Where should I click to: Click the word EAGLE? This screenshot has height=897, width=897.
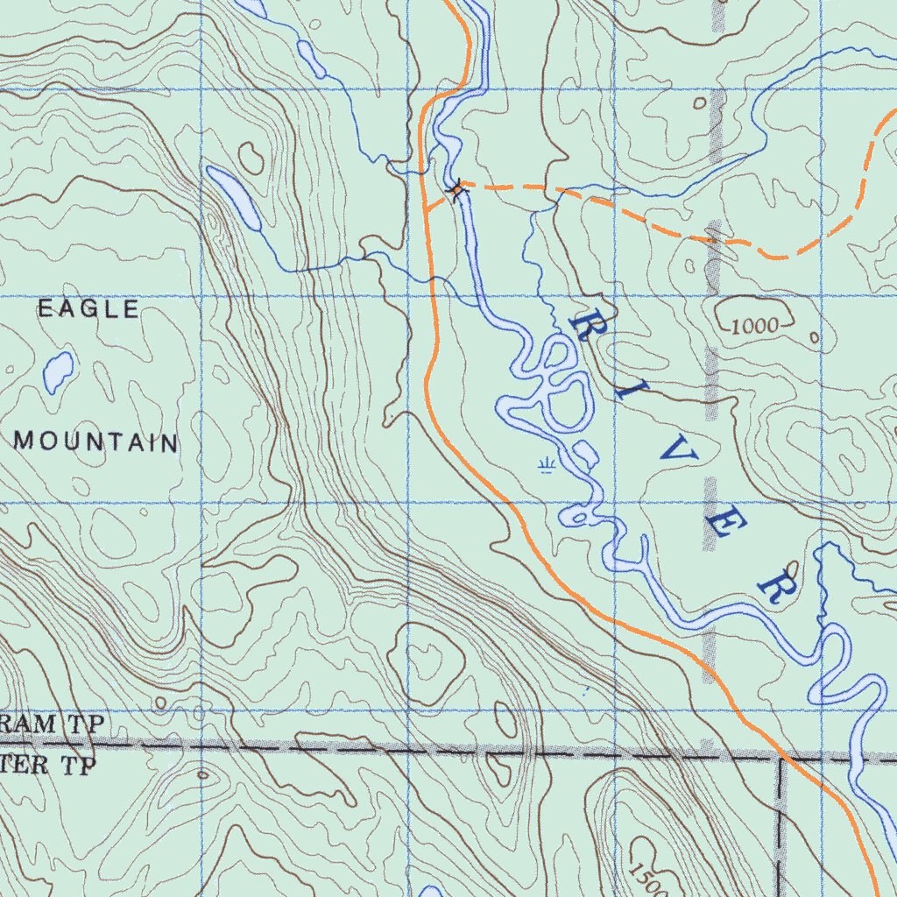pos(88,309)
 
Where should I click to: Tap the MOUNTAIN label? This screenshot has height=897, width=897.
pos(96,442)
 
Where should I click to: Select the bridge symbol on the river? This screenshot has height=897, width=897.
pos(456,187)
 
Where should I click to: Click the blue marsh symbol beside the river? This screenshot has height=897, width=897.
pos(547,463)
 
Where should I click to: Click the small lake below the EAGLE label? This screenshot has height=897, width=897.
pos(58,371)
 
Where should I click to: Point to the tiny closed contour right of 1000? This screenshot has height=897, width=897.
pos(815,337)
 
